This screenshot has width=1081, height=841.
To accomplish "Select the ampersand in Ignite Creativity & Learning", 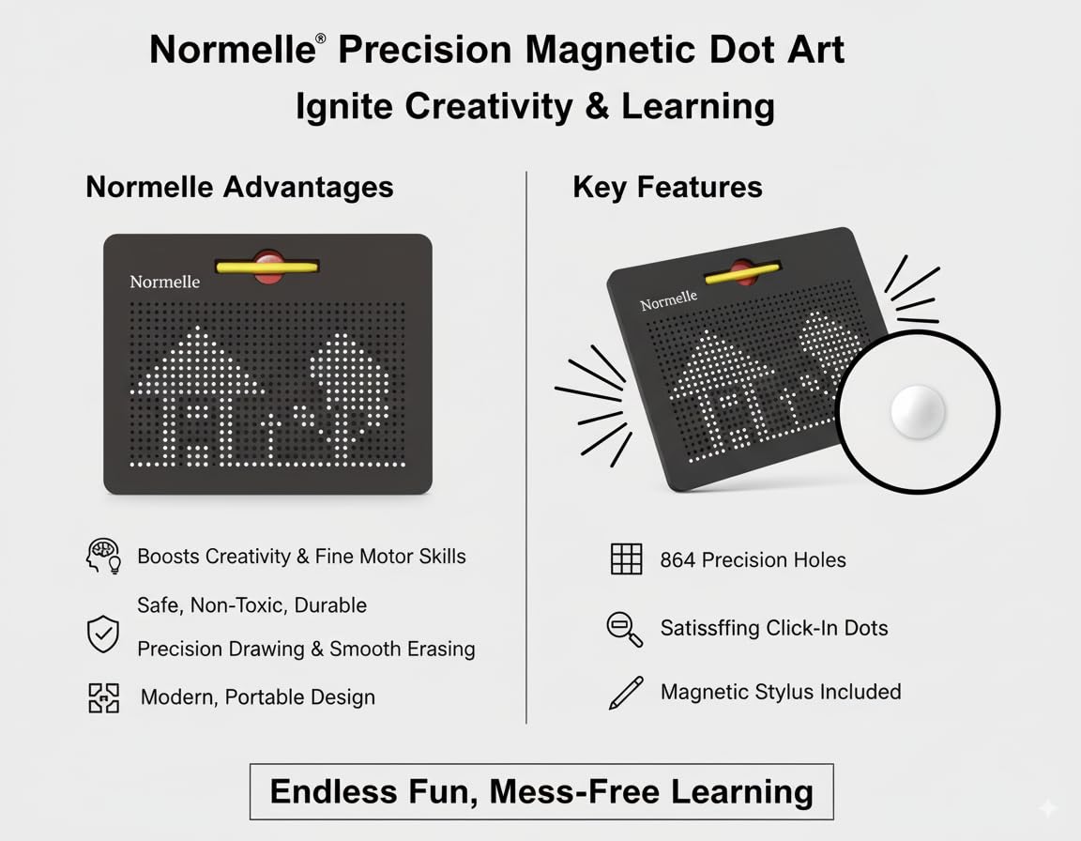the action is [597, 107].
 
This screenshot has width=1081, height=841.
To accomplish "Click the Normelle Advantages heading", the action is [239, 187].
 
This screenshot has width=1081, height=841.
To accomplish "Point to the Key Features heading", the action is [667, 187].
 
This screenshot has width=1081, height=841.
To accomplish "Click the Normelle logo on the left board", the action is [165, 282].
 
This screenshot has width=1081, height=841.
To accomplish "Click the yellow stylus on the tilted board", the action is [742, 273].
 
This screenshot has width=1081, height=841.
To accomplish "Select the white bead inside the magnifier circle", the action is [918, 411].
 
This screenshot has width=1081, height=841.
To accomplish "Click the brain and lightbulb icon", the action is [103, 557].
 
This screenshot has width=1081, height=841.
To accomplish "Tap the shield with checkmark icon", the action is [102, 634].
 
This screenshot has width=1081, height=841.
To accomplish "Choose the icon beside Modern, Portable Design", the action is [103, 697].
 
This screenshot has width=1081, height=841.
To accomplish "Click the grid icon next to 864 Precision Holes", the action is [626, 558].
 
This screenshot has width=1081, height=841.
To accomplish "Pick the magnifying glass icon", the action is [625, 629].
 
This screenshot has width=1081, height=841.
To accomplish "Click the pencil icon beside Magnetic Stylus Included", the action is [626, 692].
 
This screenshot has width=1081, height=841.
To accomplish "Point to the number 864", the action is [677, 559].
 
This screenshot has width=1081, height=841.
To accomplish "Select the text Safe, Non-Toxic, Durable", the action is [251, 605].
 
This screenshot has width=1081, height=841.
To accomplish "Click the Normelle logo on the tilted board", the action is [669, 300].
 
